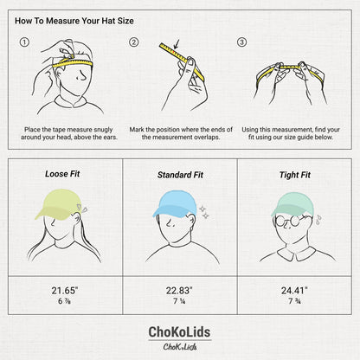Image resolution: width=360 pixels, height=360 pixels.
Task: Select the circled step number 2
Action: [134, 42]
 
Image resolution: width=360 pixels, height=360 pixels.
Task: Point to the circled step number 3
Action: [241, 42]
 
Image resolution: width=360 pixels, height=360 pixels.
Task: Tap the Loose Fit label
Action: [62, 174]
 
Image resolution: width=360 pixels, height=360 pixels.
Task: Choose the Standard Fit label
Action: [179, 175]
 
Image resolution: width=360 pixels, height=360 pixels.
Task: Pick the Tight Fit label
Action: [294, 175]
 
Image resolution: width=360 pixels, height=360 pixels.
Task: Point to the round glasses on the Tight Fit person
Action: [294, 222]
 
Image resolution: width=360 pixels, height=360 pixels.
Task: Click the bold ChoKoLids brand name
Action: [180, 332]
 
